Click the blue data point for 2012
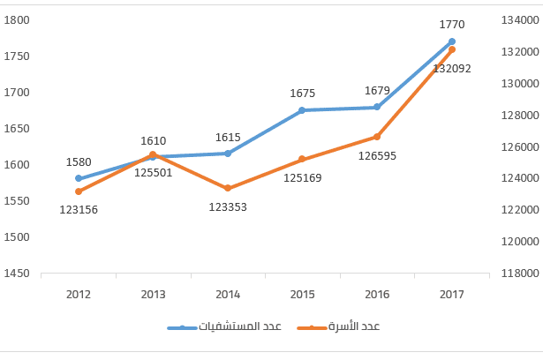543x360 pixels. point(79,178)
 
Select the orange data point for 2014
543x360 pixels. point(228,188)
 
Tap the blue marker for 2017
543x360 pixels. point(452,41)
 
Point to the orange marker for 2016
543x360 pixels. point(377,137)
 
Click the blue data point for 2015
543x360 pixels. point(302,110)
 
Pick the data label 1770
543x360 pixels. point(452,24)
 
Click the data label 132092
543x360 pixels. point(452,68)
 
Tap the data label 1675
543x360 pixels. point(302,93)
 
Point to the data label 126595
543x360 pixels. point(377,155)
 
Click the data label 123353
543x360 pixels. point(228,206)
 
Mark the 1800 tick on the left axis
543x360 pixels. point(18,20)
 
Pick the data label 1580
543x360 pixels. point(79,161)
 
